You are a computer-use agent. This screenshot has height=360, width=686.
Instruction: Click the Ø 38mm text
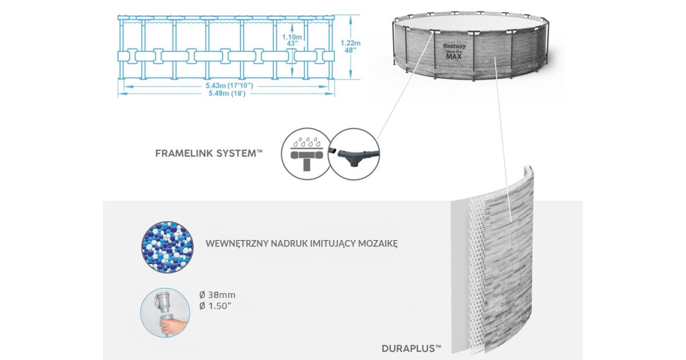(217, 295)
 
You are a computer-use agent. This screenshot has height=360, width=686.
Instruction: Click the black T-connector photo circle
(354, 154)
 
